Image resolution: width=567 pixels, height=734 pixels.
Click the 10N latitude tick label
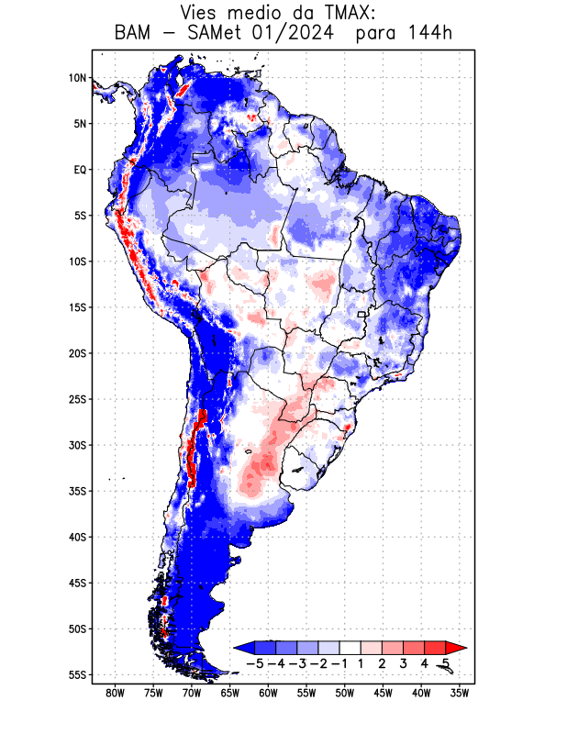pos(77,78)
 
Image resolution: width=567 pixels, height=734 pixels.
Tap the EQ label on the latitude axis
pos(79,170)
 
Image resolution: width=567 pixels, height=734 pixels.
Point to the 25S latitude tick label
pos(77,399)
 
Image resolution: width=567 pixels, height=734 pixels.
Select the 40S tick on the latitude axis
pos(77,537)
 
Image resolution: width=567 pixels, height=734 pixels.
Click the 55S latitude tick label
pos(77,674)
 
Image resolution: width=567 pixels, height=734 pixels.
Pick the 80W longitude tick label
pos(115,693)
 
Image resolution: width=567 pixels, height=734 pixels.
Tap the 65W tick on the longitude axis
pos(230,693)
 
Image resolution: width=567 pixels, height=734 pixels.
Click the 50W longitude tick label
pos(345,693)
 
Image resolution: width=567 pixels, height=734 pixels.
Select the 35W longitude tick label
pos(460,693)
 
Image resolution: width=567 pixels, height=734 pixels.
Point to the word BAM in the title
pos(135,35)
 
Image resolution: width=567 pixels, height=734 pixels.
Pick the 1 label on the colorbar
pos(361,662)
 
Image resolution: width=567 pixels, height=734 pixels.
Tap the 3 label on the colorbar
pos(404,662)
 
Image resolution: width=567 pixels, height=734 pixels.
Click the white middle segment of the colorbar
pos(350,648)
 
